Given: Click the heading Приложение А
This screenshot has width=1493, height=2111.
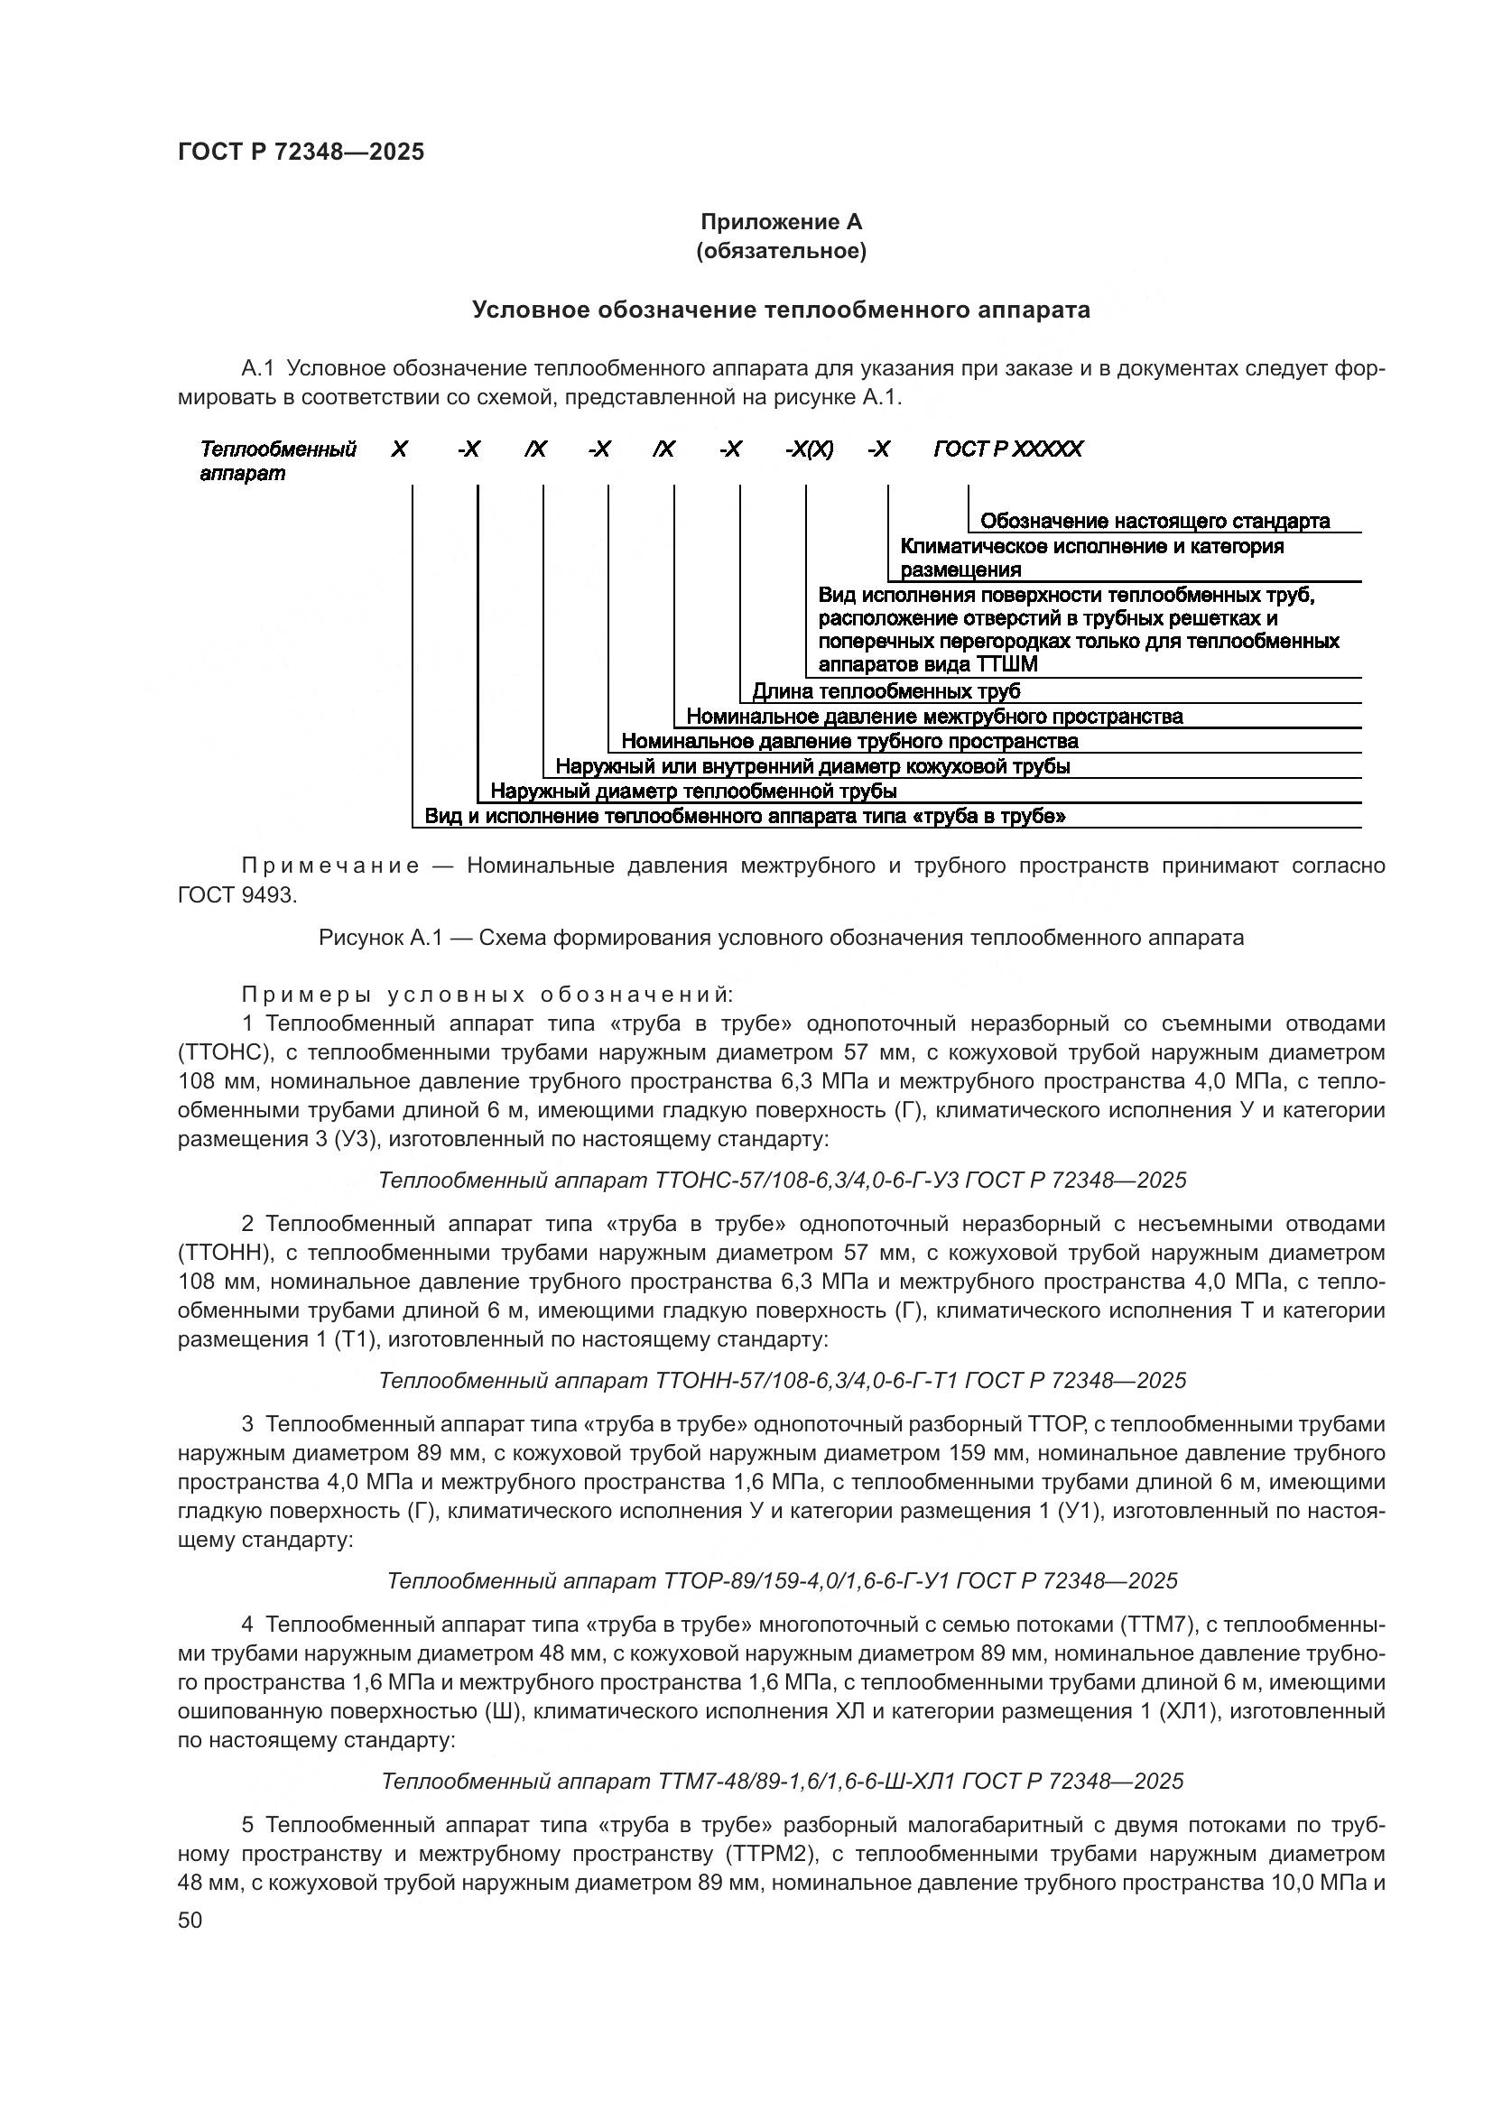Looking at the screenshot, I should coord(781,222).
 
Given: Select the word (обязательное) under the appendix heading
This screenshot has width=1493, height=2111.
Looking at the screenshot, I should coord(781,251).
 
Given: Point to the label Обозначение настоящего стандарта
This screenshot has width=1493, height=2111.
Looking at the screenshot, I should coord(1154,522).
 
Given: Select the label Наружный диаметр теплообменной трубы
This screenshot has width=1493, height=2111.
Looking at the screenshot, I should coord(693,791).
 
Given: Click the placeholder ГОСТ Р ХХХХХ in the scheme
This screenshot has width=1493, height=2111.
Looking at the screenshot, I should coord(1007,449).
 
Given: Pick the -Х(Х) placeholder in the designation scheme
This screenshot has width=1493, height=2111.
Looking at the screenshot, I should coord(809,449).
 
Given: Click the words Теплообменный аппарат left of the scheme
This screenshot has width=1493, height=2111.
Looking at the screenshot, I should coord(277,460).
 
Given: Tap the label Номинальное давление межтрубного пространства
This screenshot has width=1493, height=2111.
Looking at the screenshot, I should coord(934,716).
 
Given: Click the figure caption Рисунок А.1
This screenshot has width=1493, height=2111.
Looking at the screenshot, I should coord(781,938).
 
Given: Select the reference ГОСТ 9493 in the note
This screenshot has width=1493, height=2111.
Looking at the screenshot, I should coord(237,895).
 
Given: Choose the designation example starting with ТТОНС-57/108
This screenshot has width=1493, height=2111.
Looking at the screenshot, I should coord(782,1180).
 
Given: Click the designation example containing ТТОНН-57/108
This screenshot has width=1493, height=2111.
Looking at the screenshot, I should coord(782,1380).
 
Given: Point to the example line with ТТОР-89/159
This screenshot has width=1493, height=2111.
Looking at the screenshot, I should coord(782,1580).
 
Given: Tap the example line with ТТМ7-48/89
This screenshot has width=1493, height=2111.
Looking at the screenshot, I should coord(782,1781).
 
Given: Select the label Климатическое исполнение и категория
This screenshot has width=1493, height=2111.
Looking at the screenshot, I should coord(1092,547).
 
